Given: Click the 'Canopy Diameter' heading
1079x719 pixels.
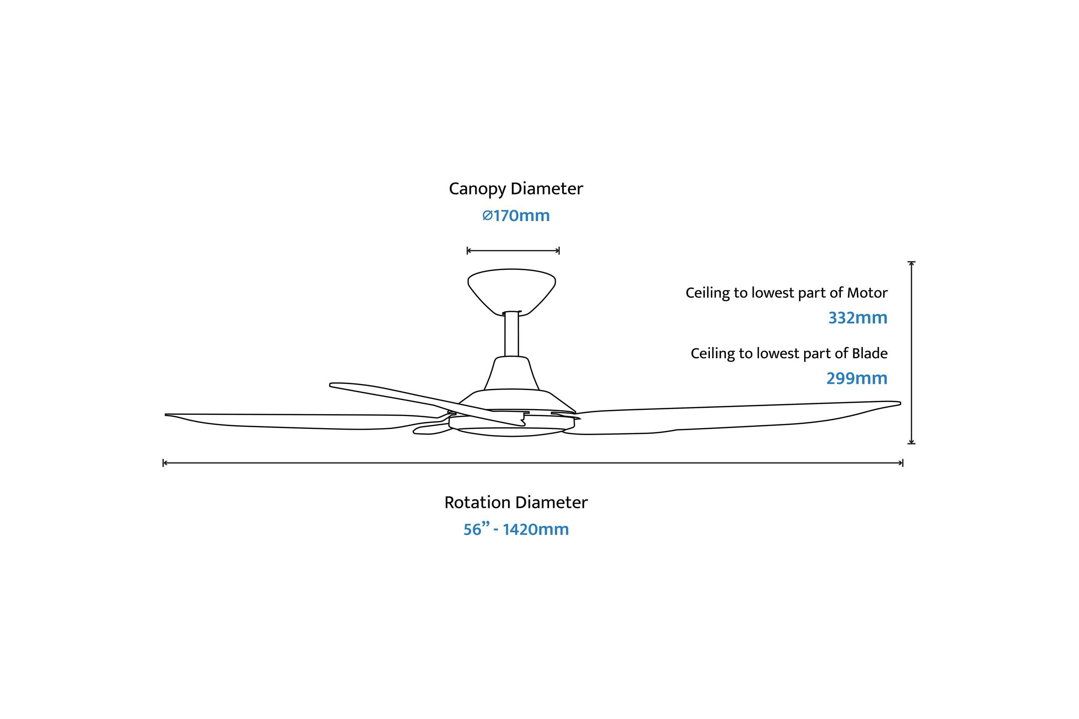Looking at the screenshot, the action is [x=516, y=189].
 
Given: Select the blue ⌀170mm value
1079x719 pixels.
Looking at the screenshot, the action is [x=516, y=216].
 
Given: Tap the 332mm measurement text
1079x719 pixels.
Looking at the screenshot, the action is [x=857, y=318].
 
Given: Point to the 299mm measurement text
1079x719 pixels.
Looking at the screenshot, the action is [x=857, y=378].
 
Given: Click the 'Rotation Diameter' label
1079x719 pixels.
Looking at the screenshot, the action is [x=516, y=502].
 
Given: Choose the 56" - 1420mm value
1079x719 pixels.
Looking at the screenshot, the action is [x=516, y=529].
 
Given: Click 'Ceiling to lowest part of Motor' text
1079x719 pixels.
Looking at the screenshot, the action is [x=786, y=293].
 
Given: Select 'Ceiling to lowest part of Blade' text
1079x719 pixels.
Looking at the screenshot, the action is [x=789, y=354].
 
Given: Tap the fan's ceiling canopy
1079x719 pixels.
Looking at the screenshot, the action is [x=511, y=292].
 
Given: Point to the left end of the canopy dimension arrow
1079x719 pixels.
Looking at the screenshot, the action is [x=468, y=250].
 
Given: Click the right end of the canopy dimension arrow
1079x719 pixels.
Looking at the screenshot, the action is [x=559, y=250].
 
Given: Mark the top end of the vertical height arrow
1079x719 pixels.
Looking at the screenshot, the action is [x=912, y=262].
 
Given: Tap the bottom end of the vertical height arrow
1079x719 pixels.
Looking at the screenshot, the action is [x=912, y=443].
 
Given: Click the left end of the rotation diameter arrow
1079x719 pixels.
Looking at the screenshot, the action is [x=164, y=463].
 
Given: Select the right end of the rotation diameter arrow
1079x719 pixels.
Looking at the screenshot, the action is [x=903, y=463].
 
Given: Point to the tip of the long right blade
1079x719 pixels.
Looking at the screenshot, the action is [x=900, y=404].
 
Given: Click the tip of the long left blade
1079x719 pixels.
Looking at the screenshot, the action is [x=166, y=415].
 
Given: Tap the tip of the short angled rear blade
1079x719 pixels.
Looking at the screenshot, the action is [x=331, y=385].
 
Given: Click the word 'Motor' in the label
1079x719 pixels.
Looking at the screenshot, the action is [x=867, y=293].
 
